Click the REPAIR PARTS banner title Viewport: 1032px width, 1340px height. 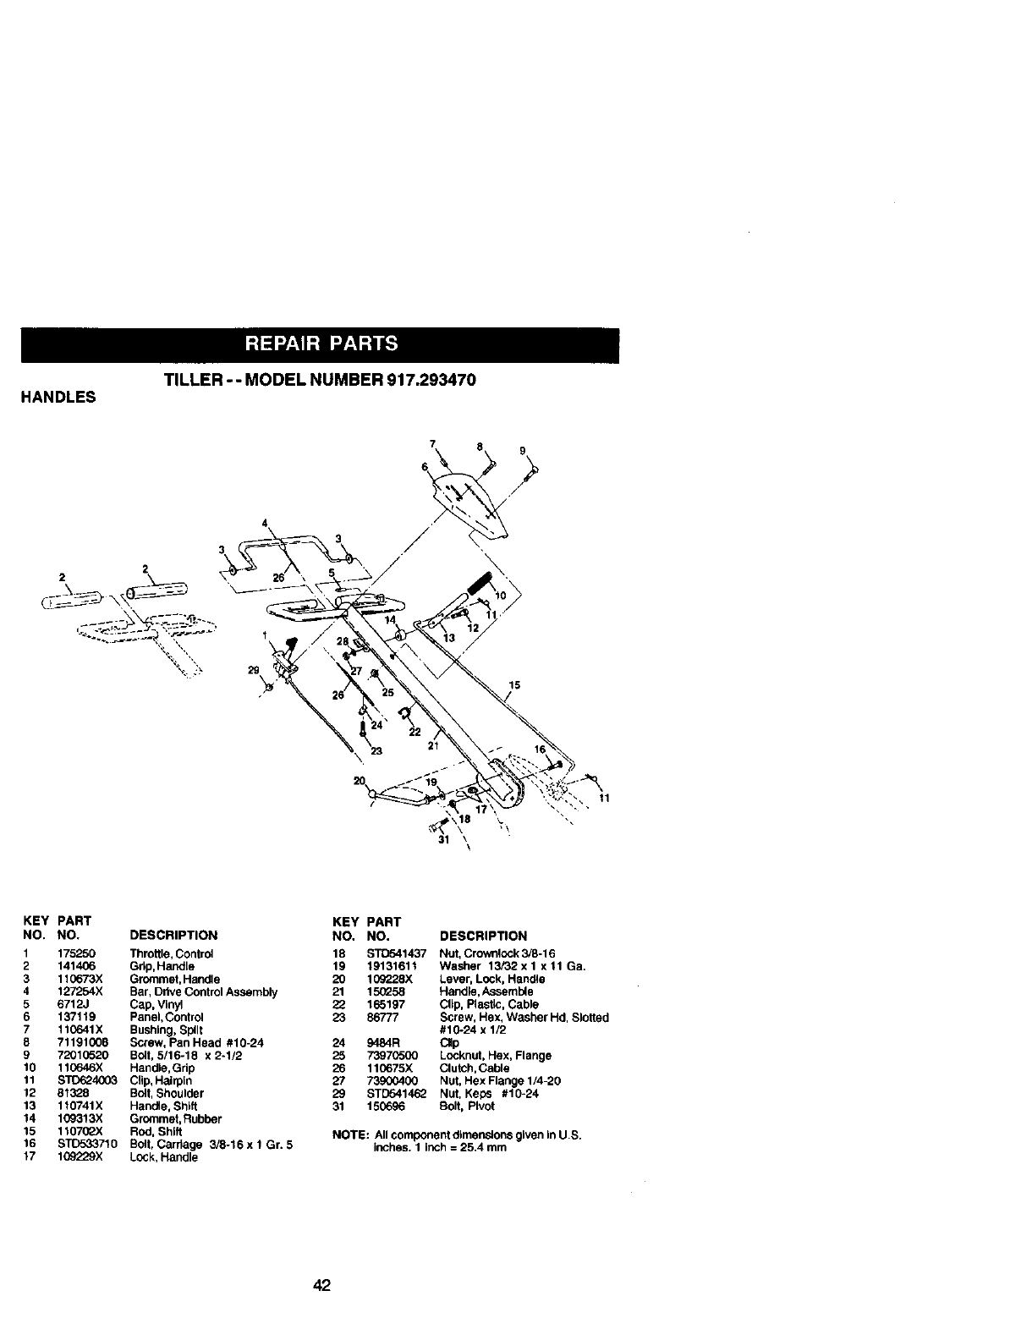321,343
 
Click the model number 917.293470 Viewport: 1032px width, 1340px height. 431,381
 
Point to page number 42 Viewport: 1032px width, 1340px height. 321,1286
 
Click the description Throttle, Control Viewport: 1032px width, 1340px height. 171,953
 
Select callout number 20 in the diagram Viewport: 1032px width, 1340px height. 360,781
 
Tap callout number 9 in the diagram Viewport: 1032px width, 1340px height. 523,449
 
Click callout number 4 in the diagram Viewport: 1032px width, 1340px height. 264,521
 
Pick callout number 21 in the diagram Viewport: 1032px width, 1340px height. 434,745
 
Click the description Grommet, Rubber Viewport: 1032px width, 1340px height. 169,1118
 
